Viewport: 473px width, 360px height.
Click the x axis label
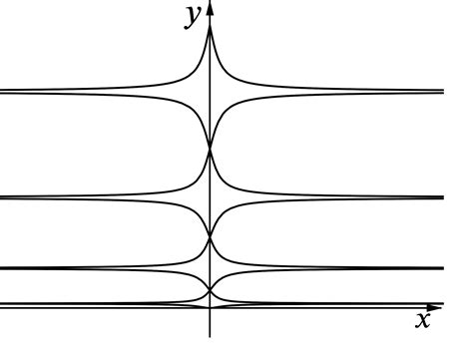click(x=422, y=320)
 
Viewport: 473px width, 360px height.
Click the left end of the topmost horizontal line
click(x=2, y=93)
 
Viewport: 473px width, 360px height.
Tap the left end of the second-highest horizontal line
click(x=2, y=197)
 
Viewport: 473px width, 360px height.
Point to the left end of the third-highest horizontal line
click(x=2, y=268)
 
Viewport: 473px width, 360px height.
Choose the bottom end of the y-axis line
click(x=210, y=337)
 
